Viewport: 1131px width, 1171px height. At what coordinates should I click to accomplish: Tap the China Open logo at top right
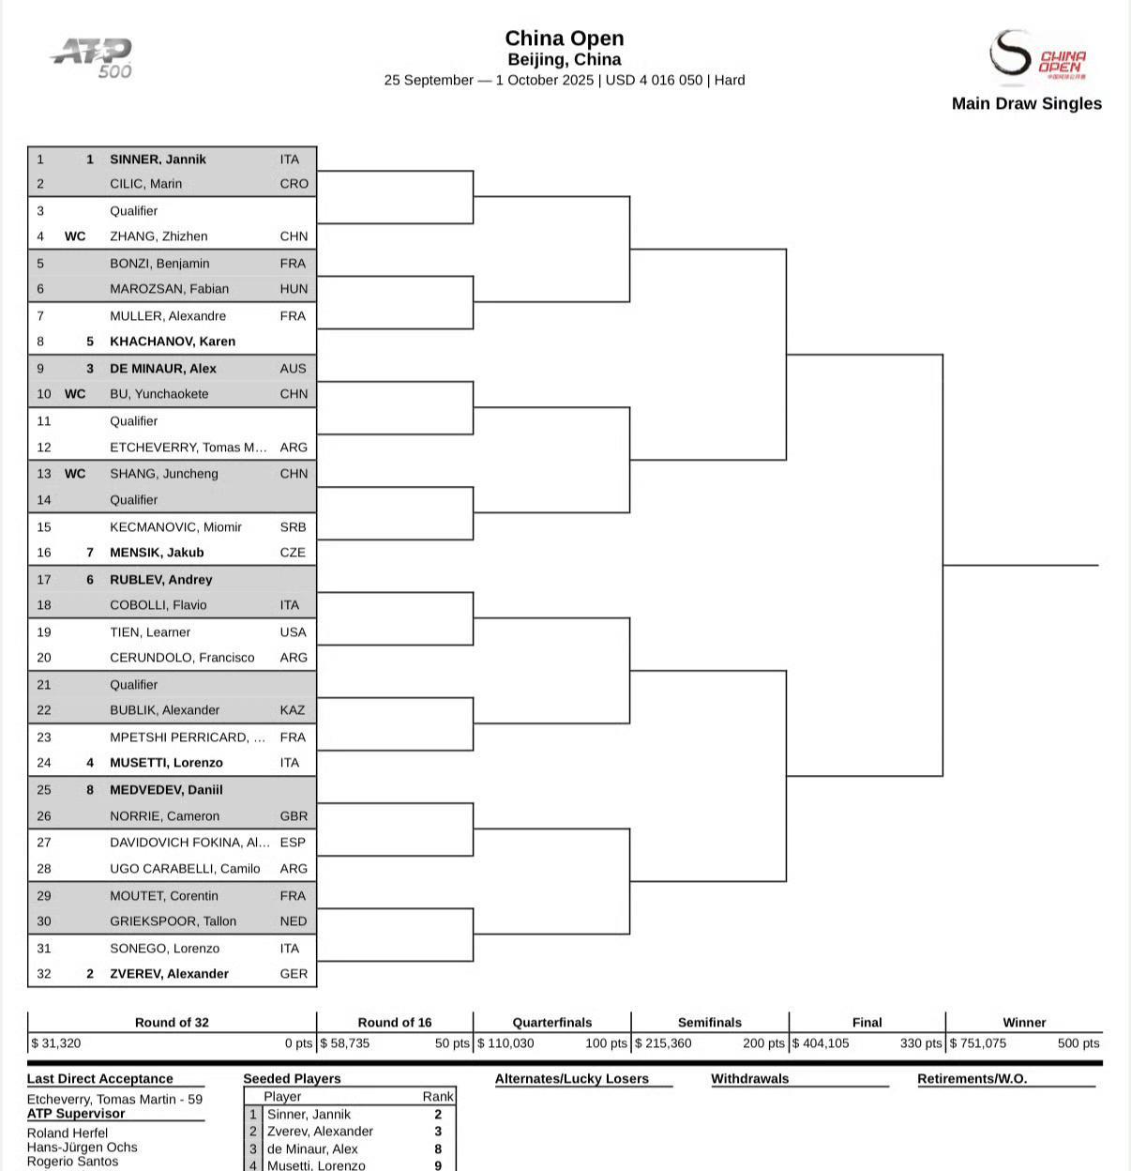(x=1038, y=55)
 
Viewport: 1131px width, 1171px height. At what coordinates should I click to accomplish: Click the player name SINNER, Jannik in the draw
(x=158, y=160)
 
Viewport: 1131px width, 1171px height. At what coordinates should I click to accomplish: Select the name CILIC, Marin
(x=145, y=184)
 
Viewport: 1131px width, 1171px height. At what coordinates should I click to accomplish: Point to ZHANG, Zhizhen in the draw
(x=158, y=236)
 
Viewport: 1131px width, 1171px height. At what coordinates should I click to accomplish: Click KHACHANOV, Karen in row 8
(x=173, y=342)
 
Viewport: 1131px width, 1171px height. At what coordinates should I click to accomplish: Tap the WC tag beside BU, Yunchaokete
(x=74, y=394)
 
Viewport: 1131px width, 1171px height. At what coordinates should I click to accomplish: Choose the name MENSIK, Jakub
(x=157, y=553)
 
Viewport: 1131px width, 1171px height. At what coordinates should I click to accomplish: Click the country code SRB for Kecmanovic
(x=293, y=527)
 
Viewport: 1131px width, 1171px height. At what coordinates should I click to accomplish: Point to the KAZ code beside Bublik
(x=293, y=710)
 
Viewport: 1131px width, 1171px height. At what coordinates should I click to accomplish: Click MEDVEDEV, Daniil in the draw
(x=166, y=790)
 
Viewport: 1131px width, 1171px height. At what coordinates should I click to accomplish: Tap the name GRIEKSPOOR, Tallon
(x=173, y=921)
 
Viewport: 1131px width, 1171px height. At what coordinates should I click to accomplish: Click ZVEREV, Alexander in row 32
(x=169, y=974)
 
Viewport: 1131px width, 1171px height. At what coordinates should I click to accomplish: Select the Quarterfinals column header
(x=552, y=1023)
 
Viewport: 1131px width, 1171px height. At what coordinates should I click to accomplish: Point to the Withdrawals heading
(x=749, y=1079)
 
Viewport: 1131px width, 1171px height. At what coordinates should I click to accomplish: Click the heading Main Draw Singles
(x=1026, y=104)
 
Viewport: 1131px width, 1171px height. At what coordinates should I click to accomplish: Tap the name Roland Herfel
(x=68, y=1133)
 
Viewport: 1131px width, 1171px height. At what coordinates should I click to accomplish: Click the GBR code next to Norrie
(x=294, y=816)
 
